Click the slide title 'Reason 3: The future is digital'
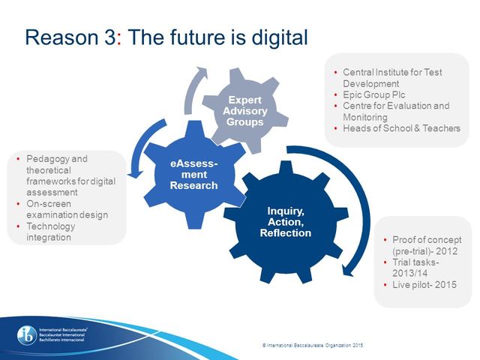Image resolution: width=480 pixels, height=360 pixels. point(166,37)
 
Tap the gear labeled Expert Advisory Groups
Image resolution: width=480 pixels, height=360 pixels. point(245,110)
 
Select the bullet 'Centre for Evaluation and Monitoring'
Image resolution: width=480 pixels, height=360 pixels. point(395,112)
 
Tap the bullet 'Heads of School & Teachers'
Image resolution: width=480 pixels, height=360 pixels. point(400,128)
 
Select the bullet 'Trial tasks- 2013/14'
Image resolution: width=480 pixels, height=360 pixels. point(417,268)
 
